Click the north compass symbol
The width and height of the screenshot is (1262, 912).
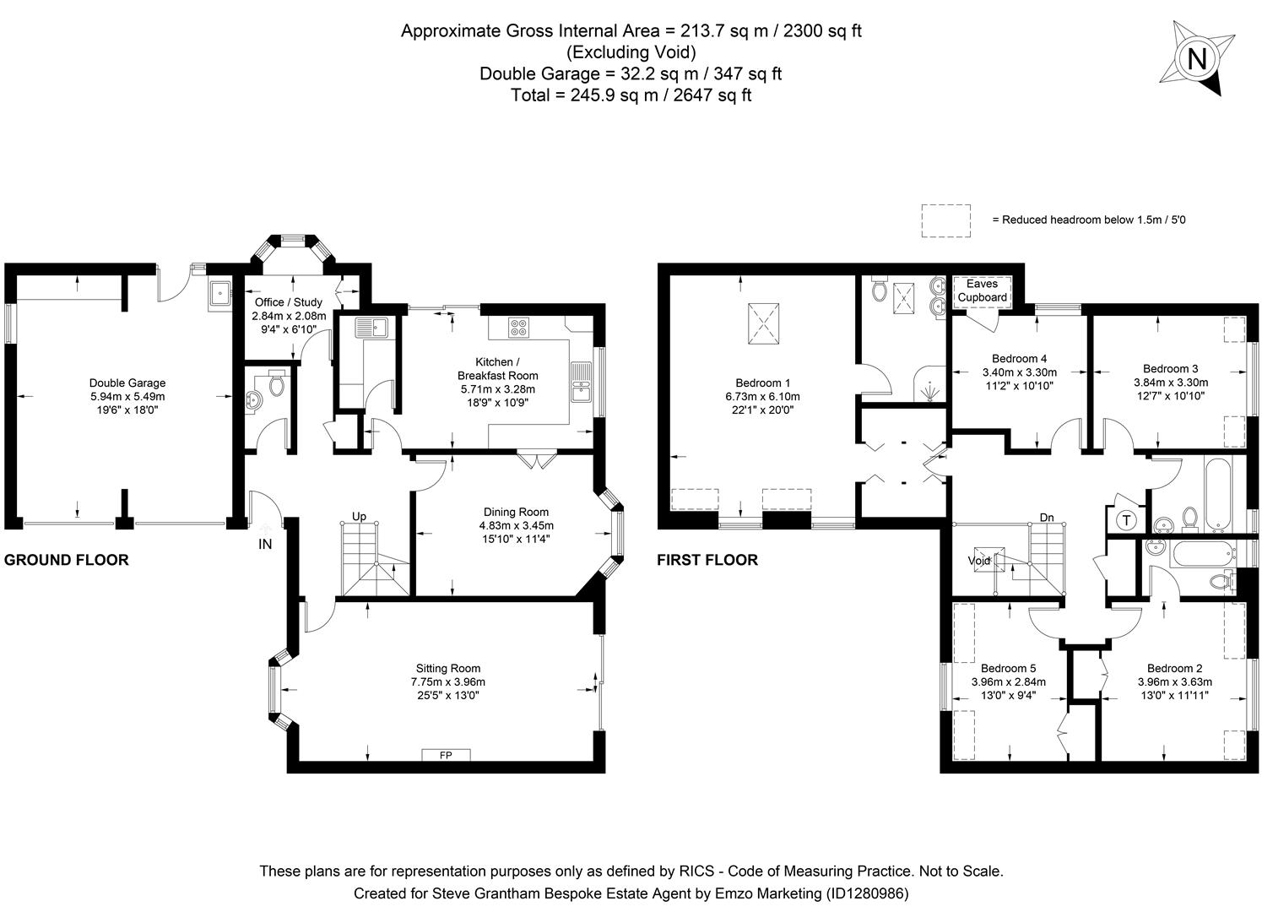(1197, 59)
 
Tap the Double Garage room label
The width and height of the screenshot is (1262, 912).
(127, 383)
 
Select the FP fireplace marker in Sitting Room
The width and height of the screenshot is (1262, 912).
(446, 755)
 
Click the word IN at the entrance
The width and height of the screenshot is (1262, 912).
(265, 545)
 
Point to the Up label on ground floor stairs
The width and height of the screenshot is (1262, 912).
(360, 516)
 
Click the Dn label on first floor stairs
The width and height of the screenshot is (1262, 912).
(1047, 517)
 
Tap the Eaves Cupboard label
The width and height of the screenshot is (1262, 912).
(982, 290)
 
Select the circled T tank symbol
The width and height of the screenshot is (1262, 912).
(1127, 520)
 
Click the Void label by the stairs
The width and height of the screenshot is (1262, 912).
(979, 561)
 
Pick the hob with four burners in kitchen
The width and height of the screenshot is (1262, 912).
(519, 327)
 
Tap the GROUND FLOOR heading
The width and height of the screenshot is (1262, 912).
(67, 560)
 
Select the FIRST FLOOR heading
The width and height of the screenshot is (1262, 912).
(707, 560)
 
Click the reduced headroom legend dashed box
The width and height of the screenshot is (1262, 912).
(945, 220)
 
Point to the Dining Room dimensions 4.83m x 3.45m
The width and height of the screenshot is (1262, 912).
(516, 525)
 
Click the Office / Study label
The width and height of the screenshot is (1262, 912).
(289, 302)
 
